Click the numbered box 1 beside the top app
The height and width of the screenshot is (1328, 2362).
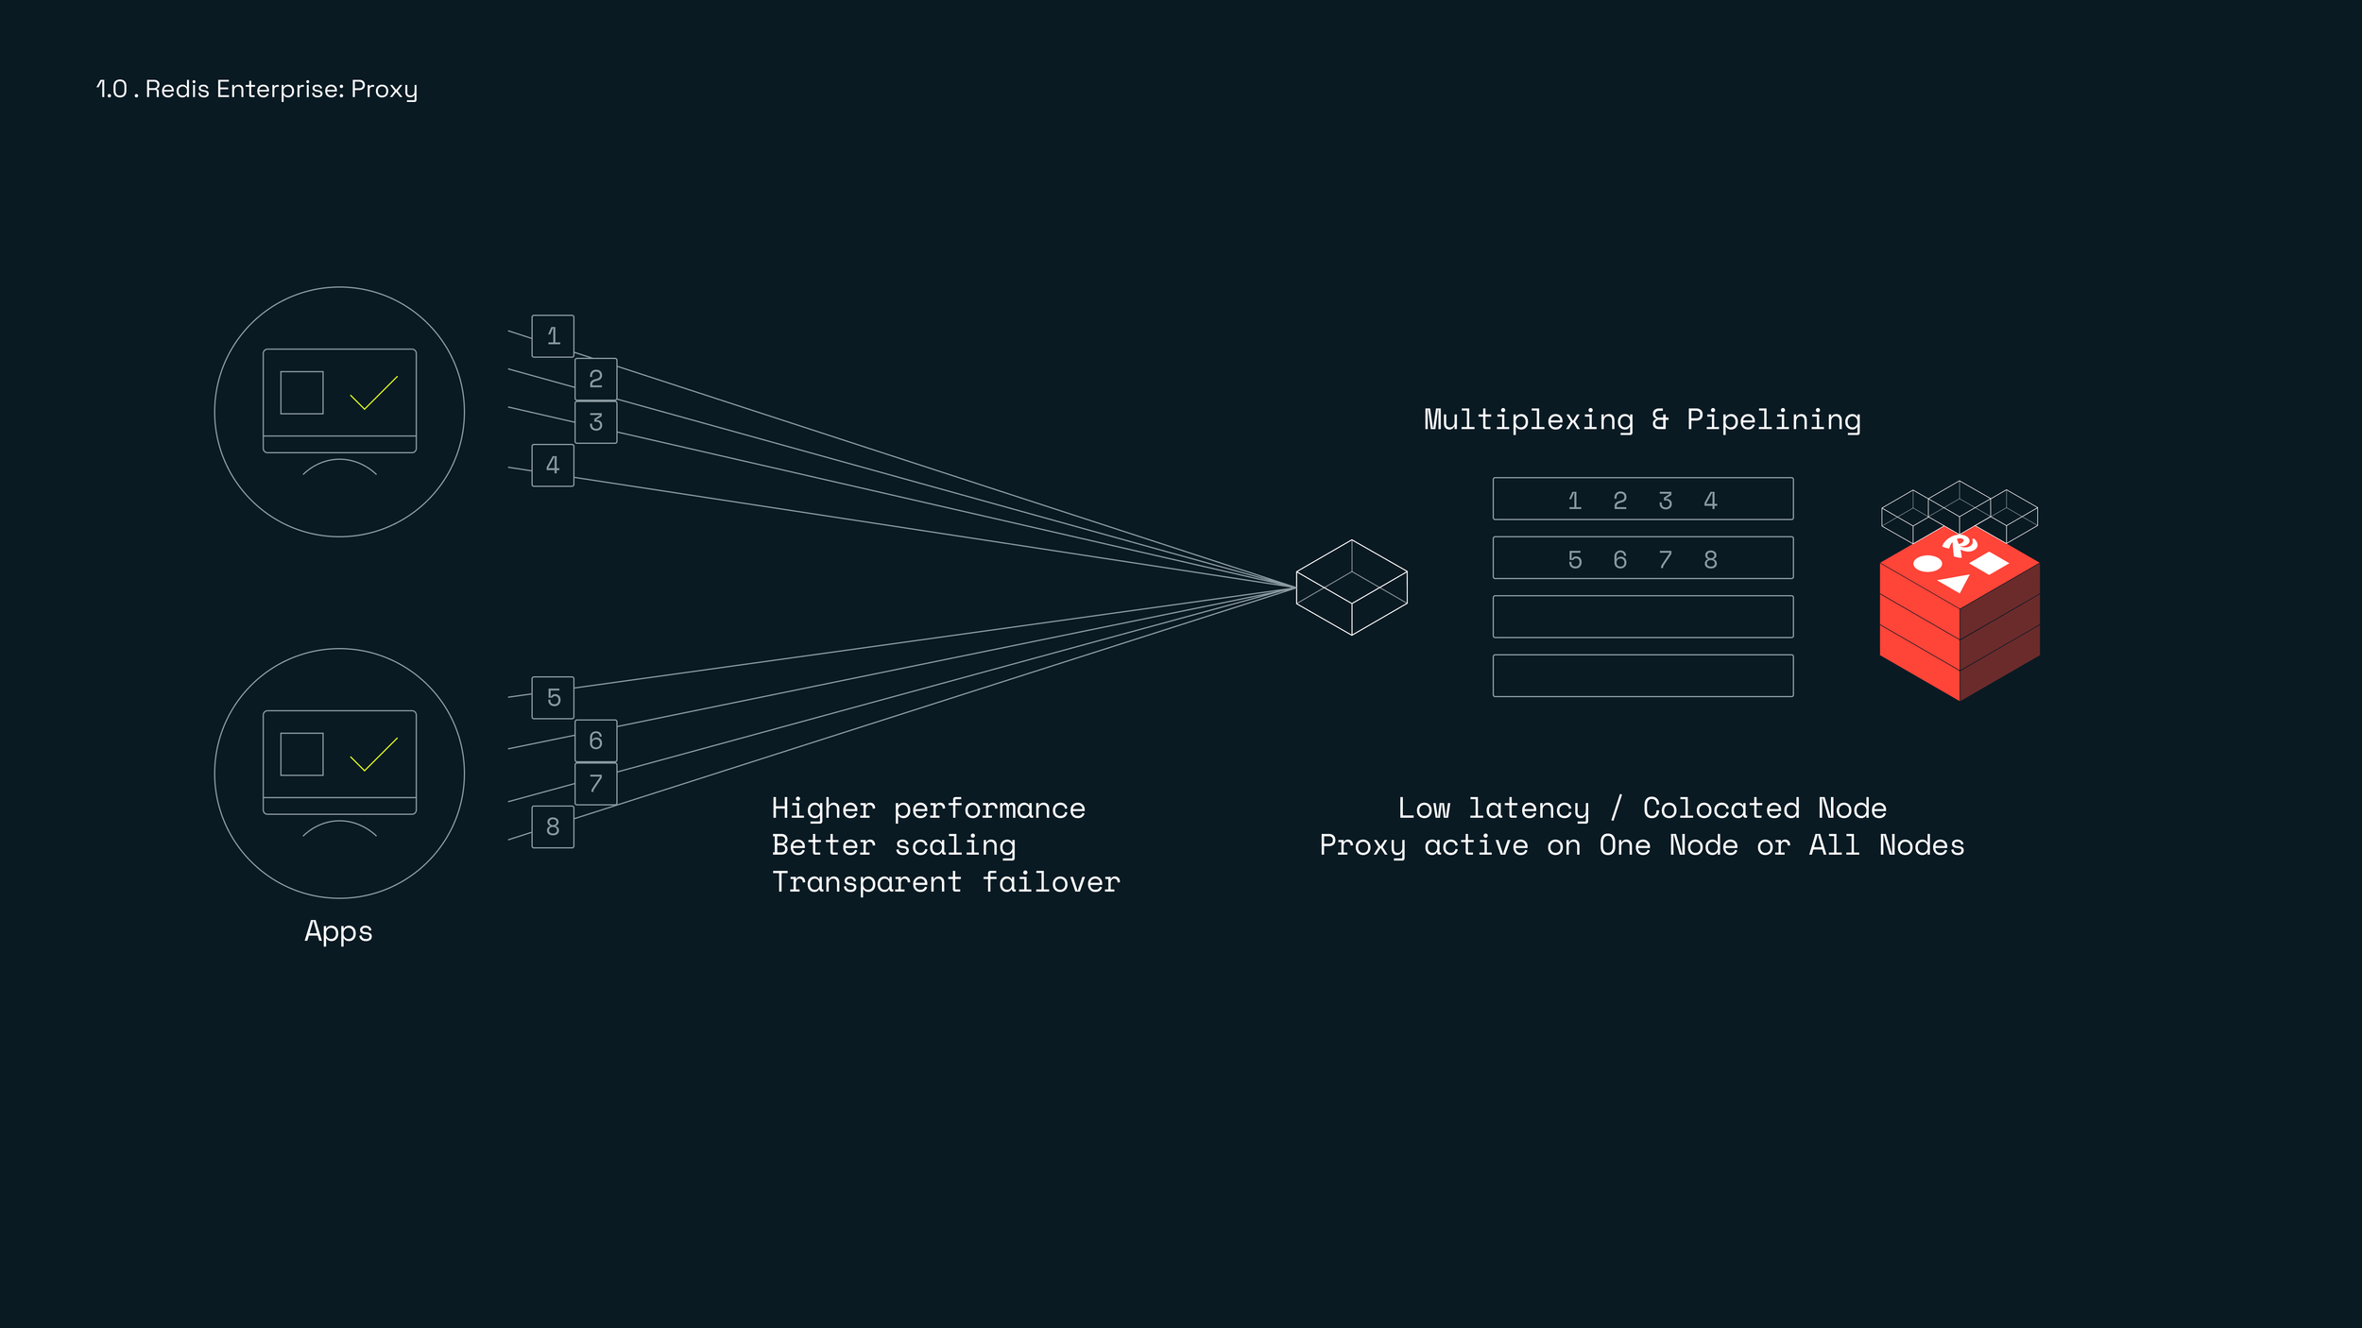tap(553, 336)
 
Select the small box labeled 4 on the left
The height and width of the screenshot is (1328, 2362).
tap(553, 466)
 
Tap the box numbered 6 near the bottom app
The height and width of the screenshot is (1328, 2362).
tap(596, 741)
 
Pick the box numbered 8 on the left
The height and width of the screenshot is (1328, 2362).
tap(553, 827)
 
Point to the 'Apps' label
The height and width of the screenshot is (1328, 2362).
tap(338, 931)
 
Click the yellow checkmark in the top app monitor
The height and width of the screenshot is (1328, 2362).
tap(374, 393)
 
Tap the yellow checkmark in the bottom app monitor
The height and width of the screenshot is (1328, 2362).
tap(374, 755)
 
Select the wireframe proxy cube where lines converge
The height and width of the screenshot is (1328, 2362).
tap(1352, 587)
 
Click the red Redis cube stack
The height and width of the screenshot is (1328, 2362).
tap(1960, 614)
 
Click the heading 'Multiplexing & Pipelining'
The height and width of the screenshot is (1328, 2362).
tap(1642, 419)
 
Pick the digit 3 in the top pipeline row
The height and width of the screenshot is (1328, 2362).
tap(1666, 501)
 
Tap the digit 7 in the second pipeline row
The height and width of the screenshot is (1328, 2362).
tap(1666, 560)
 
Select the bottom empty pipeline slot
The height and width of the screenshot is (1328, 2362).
tap(1643, 676)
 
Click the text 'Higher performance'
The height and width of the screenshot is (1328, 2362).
tap(928, 809)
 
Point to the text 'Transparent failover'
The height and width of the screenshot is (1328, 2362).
tap(946, 882)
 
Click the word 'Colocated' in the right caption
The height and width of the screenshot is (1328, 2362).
tap(1720, 809)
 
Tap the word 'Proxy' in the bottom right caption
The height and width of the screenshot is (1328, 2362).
tap(1361, 845)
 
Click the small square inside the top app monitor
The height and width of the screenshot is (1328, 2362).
tap(302, 393)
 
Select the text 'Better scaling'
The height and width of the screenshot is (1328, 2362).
tap(894, 845)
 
